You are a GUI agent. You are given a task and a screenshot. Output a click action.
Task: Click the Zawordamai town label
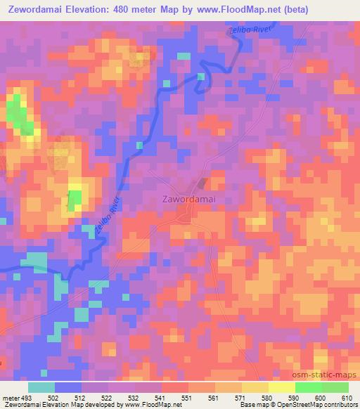[186, 199]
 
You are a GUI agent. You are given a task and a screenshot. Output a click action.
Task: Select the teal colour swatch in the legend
[41, 387]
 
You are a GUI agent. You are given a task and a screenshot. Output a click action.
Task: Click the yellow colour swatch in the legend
[281, 387]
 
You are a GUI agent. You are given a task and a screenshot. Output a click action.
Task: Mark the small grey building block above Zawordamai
[202, 184]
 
